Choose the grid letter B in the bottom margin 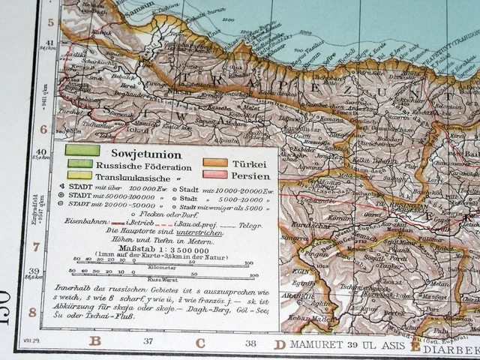tap(94, 342)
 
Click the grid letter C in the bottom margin tap(200, 343)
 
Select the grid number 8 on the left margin tap(33, 311)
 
